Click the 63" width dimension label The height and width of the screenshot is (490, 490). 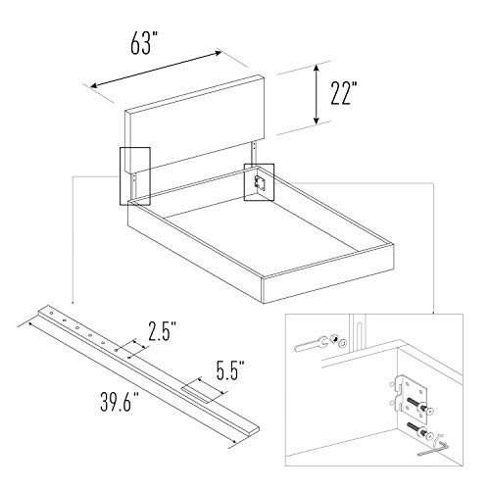(144, 43)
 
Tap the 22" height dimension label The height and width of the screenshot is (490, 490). (344, 93)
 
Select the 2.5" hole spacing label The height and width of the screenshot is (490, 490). (163, 331)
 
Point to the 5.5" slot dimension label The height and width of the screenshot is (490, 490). (230, 370)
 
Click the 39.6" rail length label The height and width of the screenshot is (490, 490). (120, 402)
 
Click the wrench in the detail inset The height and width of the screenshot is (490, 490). (311, 345)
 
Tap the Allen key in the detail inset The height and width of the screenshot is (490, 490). (434, 448)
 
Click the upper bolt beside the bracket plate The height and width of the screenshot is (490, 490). (420, 405)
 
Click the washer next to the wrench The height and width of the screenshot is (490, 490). (342, 343)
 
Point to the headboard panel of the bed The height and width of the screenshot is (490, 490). (194, 124)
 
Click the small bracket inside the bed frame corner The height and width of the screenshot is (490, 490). (261, 182)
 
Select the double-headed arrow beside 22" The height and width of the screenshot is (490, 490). (316, 94)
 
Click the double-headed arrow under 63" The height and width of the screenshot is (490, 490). (156, 70)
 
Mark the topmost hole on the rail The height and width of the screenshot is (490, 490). (52, 313)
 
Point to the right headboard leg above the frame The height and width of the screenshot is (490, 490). (254, 155)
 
